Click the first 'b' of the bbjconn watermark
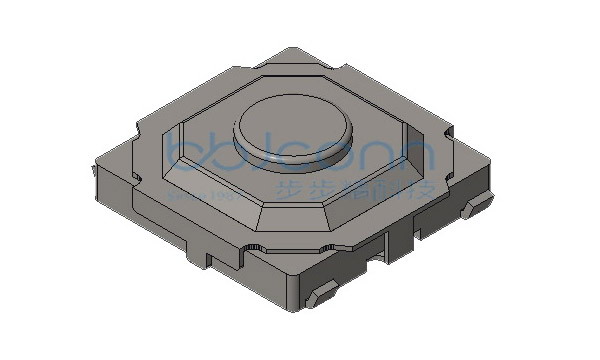(x=186, y=148)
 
